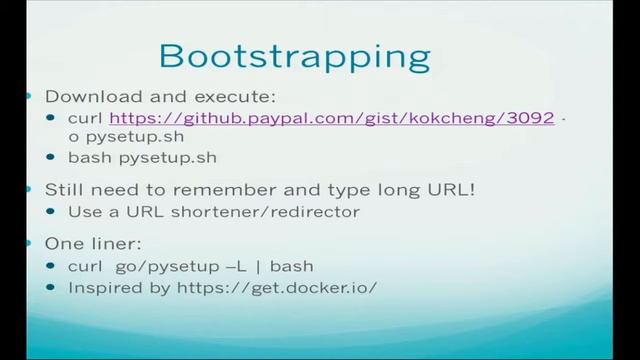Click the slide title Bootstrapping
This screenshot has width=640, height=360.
pos(295,54)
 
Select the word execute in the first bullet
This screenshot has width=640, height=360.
pos(238,97)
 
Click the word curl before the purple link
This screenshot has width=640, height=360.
pos(85,118)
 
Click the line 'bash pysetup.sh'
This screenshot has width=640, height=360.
pos(142,158)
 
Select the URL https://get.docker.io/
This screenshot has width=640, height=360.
pos(294,287)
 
